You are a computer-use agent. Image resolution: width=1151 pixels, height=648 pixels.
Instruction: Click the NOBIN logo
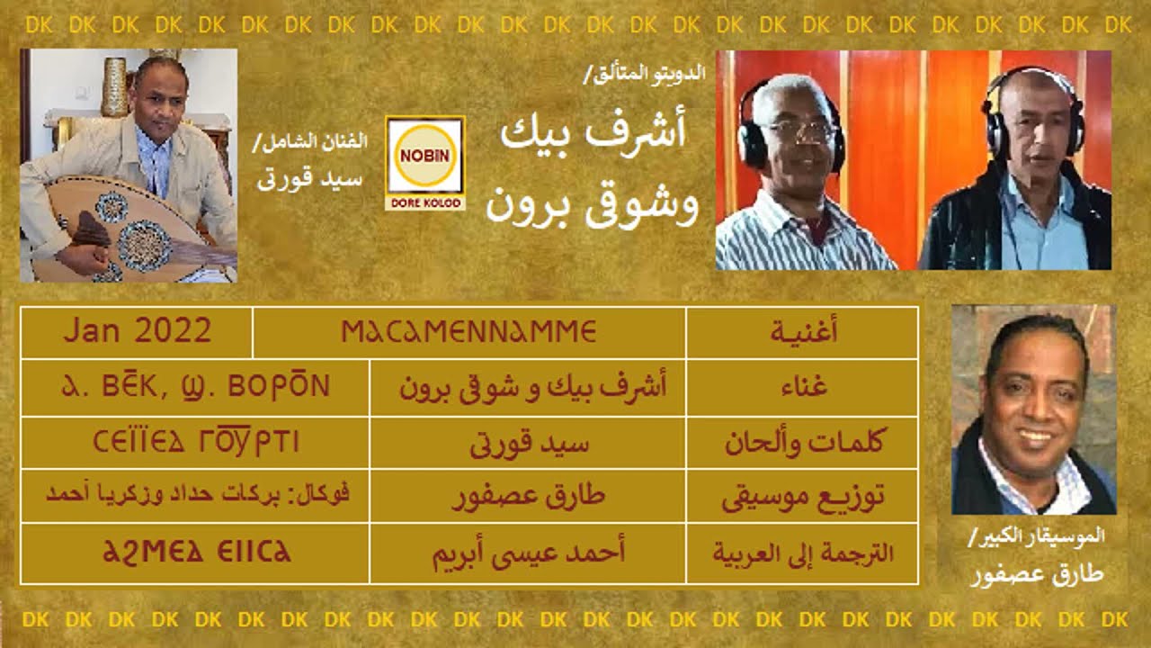(x=424, y=163)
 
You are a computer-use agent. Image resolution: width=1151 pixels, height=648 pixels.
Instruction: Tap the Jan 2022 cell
(x=137, y=332)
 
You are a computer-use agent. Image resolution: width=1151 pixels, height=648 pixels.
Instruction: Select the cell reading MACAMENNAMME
(x=469, y=332)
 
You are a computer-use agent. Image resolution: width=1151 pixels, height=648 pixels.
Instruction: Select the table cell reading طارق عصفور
(x=527, y=497)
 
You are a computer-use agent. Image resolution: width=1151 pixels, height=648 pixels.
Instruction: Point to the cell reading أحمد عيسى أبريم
(x=527, y=552)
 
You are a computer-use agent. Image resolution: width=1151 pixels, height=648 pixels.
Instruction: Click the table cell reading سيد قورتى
(x=527, y=443)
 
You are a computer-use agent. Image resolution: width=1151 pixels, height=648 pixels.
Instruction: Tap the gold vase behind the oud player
(x=114, y=86)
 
